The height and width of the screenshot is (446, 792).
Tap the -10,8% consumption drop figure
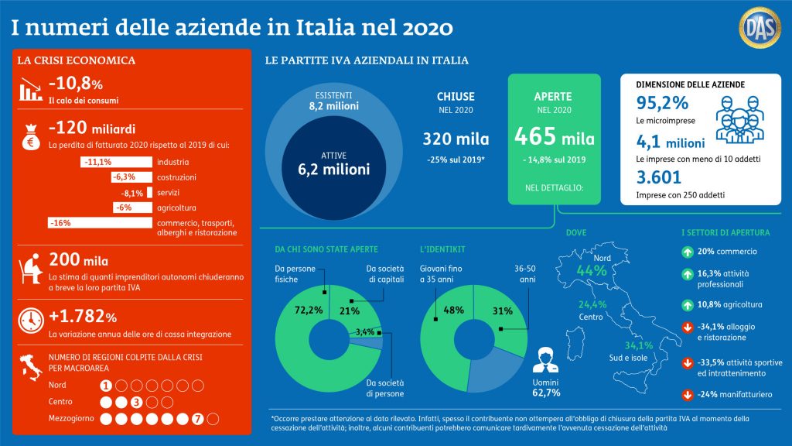76,84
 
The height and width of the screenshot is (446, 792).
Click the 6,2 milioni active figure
335,170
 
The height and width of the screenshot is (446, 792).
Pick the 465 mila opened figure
555,138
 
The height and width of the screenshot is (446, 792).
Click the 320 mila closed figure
456,139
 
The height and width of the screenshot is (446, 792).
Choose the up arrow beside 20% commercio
686,252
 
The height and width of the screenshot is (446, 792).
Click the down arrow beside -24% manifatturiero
686,394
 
